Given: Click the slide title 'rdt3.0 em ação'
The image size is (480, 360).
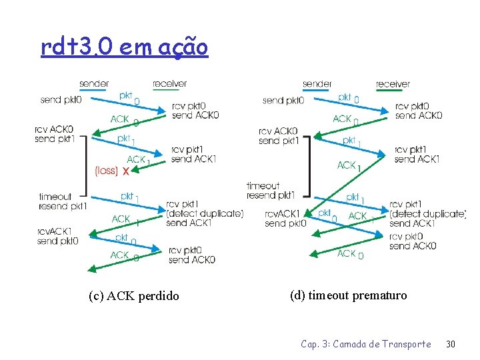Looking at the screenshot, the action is coord(124,47).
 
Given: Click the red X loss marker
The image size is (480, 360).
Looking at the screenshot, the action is coord(126,171).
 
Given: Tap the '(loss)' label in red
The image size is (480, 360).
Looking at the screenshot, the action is coord(106,171).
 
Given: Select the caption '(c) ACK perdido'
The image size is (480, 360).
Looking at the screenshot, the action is coord(133,296).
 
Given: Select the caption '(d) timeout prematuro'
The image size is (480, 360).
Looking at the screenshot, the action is coord(348,295).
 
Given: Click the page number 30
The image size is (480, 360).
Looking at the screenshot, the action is coord(450,344).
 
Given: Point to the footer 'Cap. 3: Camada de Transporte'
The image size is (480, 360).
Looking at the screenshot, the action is coord(366,344).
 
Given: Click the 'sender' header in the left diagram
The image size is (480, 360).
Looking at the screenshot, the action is coord(94,84).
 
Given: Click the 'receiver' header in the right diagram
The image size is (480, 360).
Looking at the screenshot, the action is coord(393,84).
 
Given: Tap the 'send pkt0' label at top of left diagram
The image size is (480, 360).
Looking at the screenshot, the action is coord(61,100).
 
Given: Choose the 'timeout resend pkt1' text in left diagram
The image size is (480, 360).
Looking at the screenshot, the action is coord(63,201).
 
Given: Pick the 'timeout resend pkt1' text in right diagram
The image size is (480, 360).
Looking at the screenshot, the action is coord(270,191).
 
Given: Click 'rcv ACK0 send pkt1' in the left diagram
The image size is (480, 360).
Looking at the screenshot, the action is coord(55,134).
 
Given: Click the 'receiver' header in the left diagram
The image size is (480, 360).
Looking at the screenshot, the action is coord(169,84).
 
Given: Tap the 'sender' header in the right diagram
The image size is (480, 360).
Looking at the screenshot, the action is coord(317,84).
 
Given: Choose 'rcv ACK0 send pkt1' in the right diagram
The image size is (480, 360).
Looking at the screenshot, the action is coord(278,136).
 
